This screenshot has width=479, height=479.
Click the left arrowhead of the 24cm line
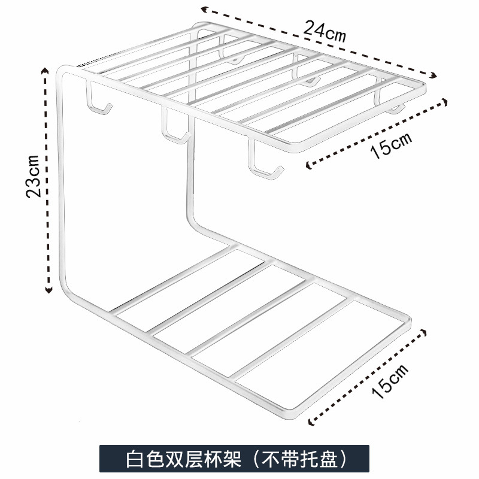(204, 8)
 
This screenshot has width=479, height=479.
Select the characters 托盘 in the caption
(320, 460)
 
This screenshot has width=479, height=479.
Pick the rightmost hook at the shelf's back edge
(392, 107)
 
